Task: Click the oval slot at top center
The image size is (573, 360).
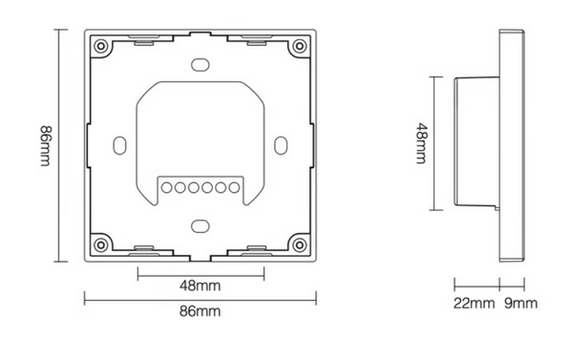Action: (x=200, y=64)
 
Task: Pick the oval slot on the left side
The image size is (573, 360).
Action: (x=119, y=143)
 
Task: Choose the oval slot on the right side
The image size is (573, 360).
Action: (x=281, y=143)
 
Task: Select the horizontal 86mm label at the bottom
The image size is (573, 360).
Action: (x=201, y=312)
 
